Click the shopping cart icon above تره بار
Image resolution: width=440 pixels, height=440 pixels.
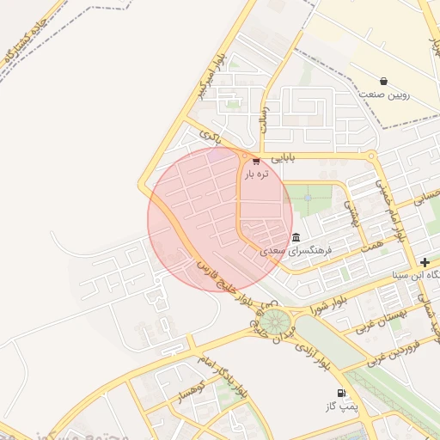(255, 161)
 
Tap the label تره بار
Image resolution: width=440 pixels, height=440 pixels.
(255, 174)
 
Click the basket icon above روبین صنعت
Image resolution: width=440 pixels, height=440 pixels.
(382, 81)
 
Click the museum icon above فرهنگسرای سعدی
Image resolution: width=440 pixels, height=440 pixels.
(296, 237)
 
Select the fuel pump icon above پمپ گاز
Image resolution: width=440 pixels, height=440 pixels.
(342, 392)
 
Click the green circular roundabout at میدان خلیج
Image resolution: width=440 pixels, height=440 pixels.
(275, 322)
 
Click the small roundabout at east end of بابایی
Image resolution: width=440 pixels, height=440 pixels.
(370, 156)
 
